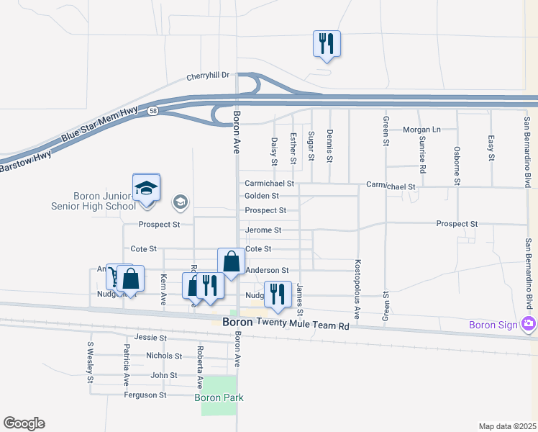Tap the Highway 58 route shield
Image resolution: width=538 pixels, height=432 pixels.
click(153, 111)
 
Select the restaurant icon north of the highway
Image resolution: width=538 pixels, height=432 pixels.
click(327, 43)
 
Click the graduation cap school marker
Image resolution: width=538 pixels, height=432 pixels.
click(147, 188)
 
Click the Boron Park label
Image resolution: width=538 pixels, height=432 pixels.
click(219, 397)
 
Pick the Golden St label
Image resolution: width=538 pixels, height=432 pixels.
click(262, 196)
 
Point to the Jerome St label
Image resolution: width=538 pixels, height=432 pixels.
click(263, 230)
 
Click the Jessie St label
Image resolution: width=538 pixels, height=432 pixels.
click(150, 337)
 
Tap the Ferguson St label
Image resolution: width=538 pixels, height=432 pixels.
click(145, 395)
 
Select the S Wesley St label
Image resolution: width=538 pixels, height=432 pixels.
click(91, 356)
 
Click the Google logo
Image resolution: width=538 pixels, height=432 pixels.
click(24, 423)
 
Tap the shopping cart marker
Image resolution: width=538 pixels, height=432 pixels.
click(114, 277)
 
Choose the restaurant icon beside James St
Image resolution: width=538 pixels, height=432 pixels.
click(277, 294)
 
